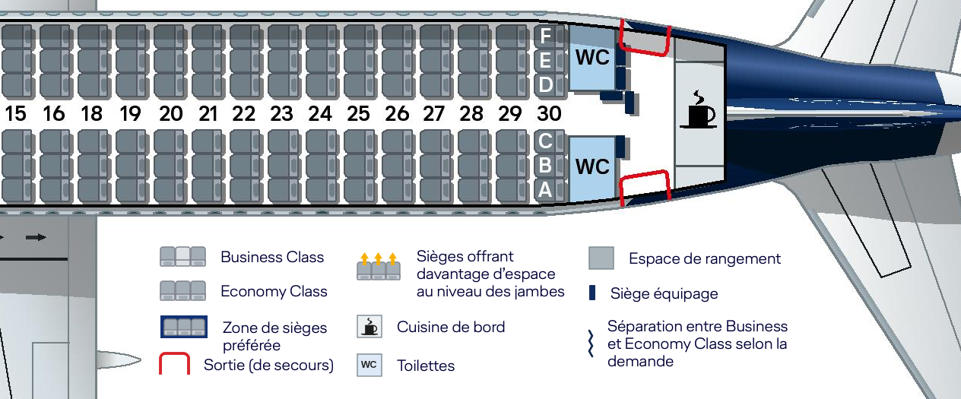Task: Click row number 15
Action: pyautogui.click(x=15, y=114)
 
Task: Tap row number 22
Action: pyautogui.click(x=244, y=114)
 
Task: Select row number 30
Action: pyautogui.click(x=549, y=114)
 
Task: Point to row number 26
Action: pyautogui.click(x=397, y=114)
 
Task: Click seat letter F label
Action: pyautogui.click(x=545, y=36)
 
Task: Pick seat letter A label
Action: pyautogui.click(x=545, y=190)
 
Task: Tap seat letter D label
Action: pyautogui.click(x=545, y=84)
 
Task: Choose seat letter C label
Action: pyautogui.click(x=545, y=141)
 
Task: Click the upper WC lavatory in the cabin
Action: pyautogui.click(x=592, y=58)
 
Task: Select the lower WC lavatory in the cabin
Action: pyautogui.click(x=592, y=167)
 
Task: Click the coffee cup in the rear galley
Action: pyautogui.click(x=699, y=110)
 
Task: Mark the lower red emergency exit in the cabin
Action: pyautogui.click(x=645, y=187)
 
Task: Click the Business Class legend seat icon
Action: pyautogui.click(x=182, y=257)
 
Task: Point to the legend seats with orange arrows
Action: pyautogui.click(x=379, y=267)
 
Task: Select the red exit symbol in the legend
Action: pyautogui.click(x=174, y=364)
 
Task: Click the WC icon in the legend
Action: pyautogui.click(x=369, y=365)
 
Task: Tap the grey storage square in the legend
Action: pyautogui.click(x=601, y=258)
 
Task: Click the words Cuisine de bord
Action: pyautogui.click(x=451, y=327)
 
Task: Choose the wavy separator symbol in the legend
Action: pyautogui.click(x=591, y=344)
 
